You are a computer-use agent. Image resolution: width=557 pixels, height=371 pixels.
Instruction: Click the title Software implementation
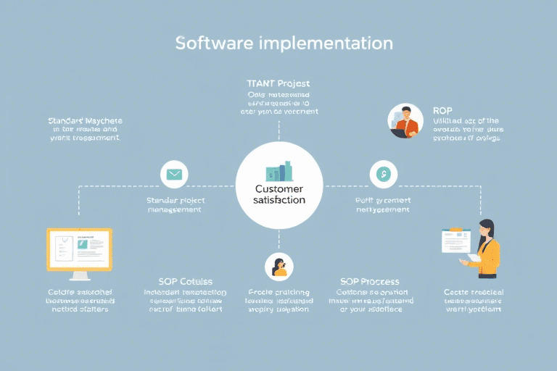pos(284,43)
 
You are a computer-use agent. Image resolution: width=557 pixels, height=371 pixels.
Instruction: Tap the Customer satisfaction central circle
pos(279,184)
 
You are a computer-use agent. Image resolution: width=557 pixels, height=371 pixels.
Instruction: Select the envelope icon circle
pos(174,174)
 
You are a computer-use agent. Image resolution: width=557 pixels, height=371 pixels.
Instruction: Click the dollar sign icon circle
pos(383,174)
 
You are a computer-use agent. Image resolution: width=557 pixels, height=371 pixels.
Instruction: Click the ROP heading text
pos(442,109)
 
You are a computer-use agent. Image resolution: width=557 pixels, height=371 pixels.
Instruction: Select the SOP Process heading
pos(369,281)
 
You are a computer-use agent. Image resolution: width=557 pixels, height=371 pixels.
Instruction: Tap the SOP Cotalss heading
pos(185,281)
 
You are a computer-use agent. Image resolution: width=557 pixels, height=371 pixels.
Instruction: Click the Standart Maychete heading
pos(85,120)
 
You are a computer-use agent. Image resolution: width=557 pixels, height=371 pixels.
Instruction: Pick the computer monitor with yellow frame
pos(80,250)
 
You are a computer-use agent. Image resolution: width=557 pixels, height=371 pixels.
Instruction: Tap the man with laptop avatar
pos(405,121)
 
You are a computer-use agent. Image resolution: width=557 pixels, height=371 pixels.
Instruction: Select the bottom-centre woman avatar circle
pos(278,266)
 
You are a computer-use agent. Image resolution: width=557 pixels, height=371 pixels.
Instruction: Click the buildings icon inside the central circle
pos(278,171)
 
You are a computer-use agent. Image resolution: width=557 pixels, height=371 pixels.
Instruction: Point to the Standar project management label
pos(174,204)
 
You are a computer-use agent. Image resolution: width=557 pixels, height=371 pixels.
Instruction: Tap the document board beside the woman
pos(457,240)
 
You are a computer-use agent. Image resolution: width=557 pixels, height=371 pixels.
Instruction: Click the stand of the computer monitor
pos(80,275)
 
